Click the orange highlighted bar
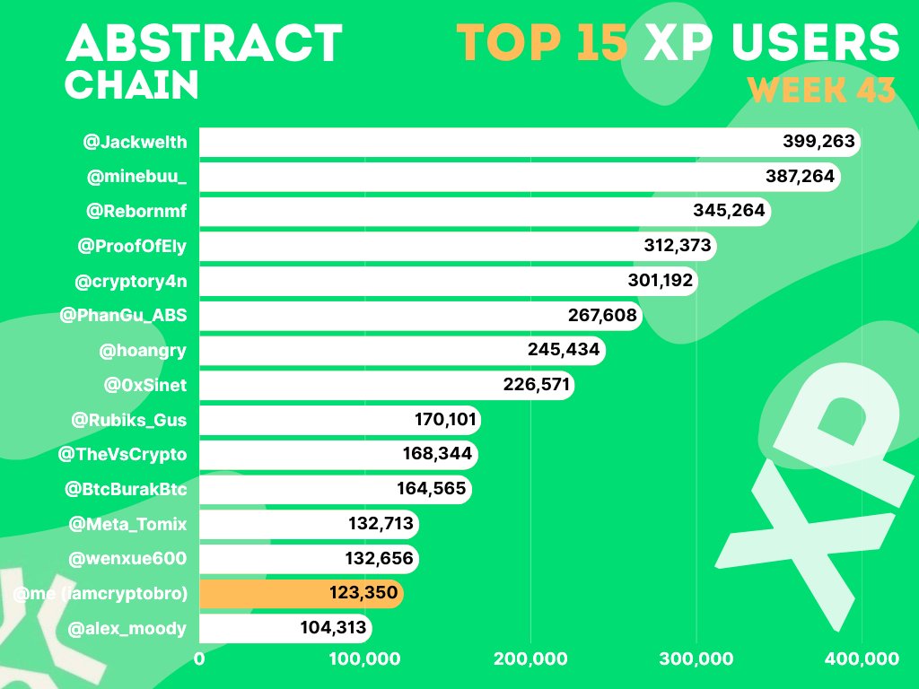[x=302, y=593]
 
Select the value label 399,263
[x=818, y=141]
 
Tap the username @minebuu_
[x=136, y=177]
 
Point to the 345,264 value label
[x=729, y=210]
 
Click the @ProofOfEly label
[x=132, y=246]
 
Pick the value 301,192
[x=660, y=280]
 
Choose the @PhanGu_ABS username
[x=123, y=315]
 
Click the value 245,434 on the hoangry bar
[x=564, y=350]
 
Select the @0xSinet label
[x=145, y=385]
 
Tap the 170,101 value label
[x=445, y=420]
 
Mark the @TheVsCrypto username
[x=122, y=455]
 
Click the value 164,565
[x=432, y=489]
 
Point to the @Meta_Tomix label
[x=127, y=524]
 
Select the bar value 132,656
[x=380, y=558]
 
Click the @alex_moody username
[x=127, y=629]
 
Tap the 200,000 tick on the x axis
[x=530, y=659]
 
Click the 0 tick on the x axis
[x=199, y=659]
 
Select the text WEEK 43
[x=822, y=91]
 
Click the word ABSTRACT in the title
[x=204, y=43]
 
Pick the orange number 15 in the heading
[x=602, y=43]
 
